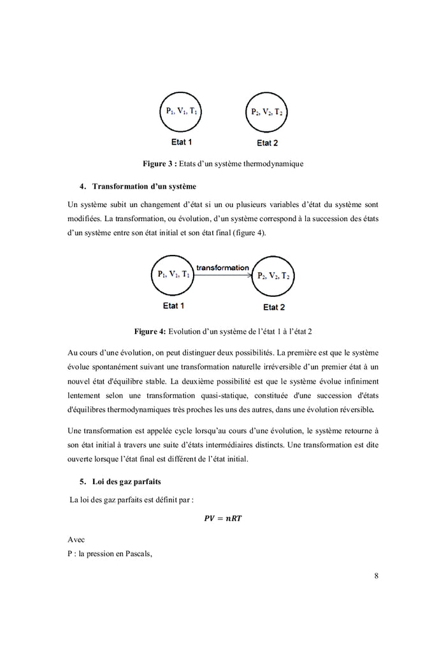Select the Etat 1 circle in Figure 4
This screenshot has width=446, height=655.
tap(173, 275)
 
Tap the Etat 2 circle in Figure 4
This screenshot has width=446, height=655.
tap(273, 276)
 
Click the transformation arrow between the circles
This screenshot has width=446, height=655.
tap(223, 275)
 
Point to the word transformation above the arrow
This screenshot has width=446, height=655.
tap(222, 268)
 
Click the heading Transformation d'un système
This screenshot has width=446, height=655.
tap(144, 187)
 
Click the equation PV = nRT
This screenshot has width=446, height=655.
tap(222, 518)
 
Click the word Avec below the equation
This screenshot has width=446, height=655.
tap(76, 540)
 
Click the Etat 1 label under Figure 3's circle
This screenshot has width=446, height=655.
tap(182, 141)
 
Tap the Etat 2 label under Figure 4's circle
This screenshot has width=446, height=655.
tap(274, 307)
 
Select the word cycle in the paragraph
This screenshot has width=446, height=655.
tap(181, 431)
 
